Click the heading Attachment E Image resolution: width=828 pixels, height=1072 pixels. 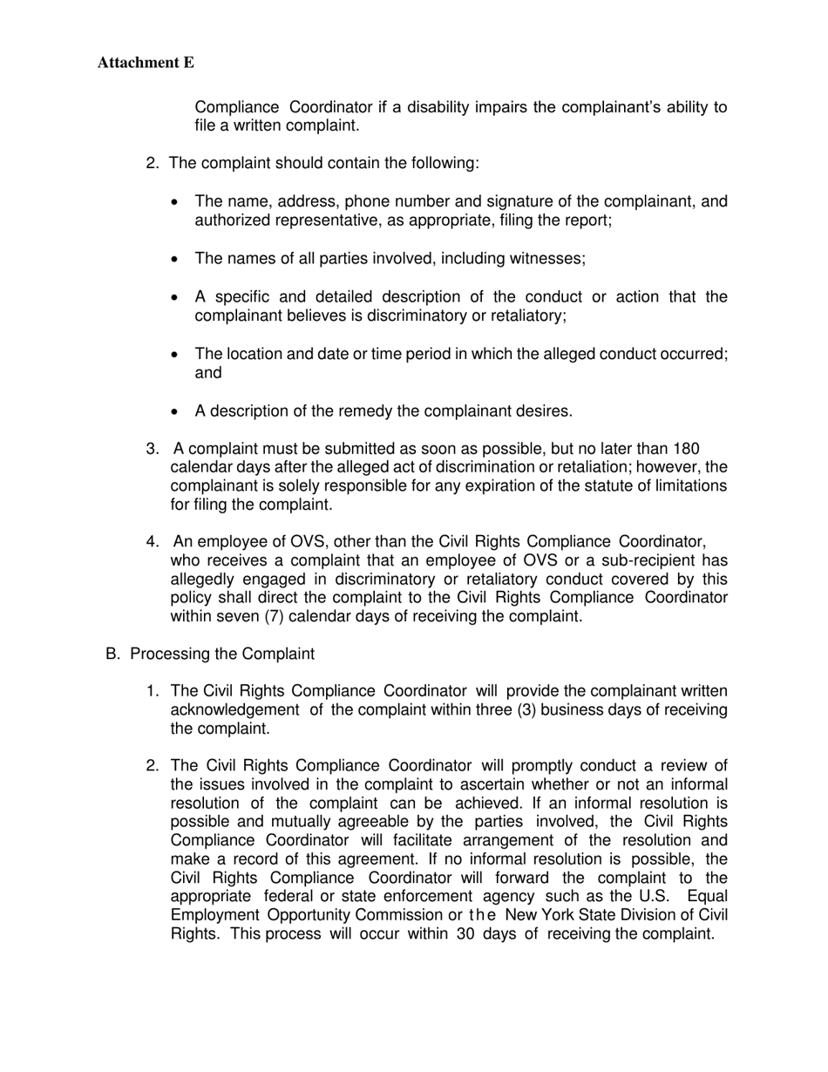pos(146,63)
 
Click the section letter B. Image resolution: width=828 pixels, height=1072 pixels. pos(112,654)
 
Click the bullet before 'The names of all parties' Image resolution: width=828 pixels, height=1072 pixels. pos(176,260)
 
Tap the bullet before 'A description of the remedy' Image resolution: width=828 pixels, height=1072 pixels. pos(176,411)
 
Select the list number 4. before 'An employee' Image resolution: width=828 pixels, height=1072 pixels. pos(153,542)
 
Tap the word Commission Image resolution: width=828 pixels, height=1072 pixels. pos(399,915)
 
